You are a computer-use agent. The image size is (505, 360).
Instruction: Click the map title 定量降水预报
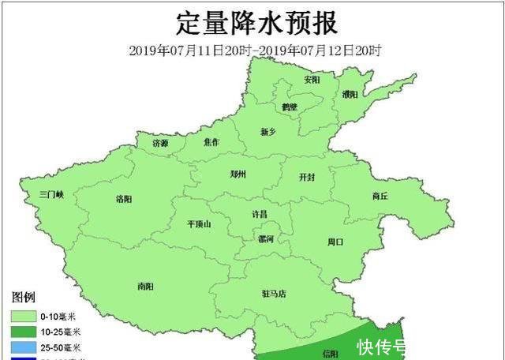[x=256, y=22]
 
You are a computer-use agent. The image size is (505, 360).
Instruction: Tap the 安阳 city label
[x=312, y=80]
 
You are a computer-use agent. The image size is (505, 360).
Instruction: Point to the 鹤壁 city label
[x=290, y=106]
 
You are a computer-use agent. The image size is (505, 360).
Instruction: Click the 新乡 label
[x=270, y=132]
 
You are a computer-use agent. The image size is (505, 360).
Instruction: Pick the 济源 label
[x=160, y=143]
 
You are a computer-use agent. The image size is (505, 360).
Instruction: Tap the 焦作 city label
[x=211, y=143]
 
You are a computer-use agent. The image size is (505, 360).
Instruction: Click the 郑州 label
[x=238, y=174]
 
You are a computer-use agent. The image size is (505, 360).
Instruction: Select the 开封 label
[x=306, y=177]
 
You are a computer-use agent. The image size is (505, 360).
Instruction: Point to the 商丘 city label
[x=380, y=196]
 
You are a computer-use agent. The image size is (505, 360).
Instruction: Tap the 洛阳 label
[x=124, y=198]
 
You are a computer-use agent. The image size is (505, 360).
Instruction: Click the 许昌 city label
[x=259, y=214]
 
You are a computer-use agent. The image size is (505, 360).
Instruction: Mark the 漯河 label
[x=265, y=238]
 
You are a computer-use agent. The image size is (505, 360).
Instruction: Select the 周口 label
[x=335, y=242]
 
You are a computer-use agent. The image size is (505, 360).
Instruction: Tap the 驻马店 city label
[x=274, y=294]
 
